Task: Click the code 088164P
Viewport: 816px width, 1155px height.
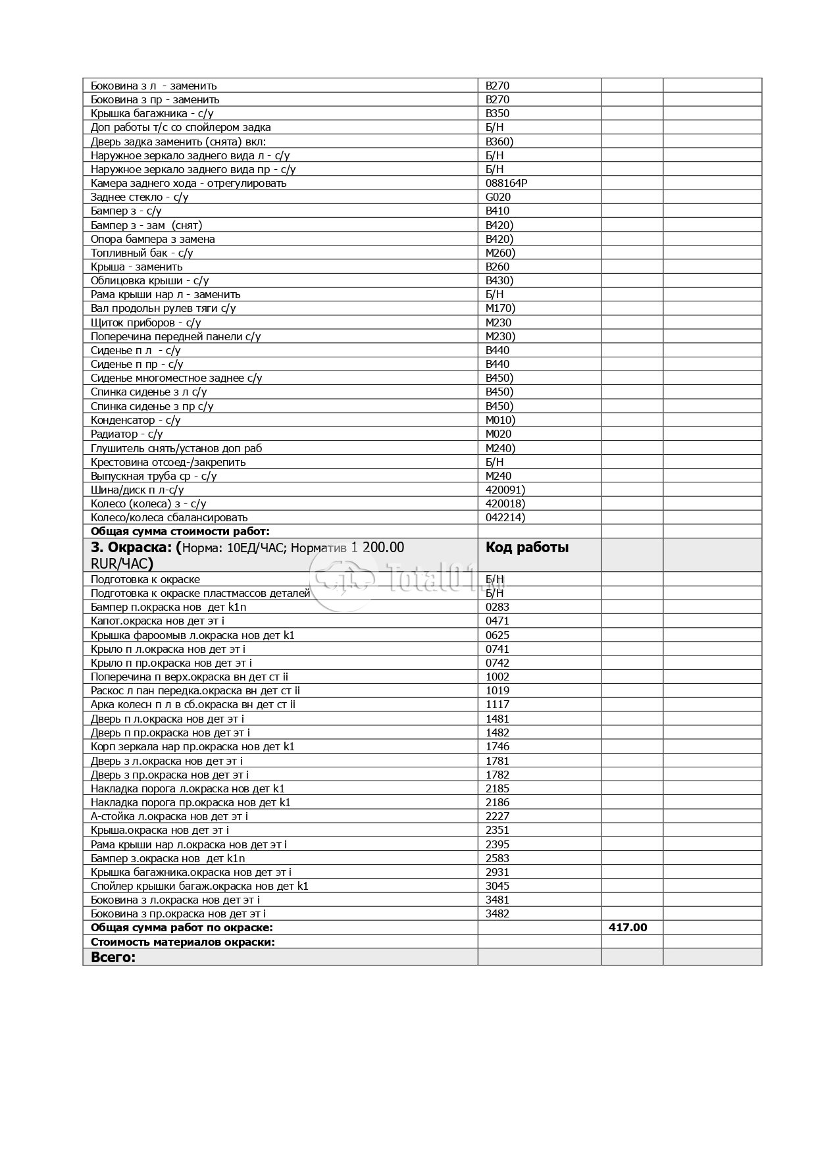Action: pyautogui.click(x=506, y=183)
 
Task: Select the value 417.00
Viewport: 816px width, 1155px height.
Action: pyautogui.click(x=628, y=927)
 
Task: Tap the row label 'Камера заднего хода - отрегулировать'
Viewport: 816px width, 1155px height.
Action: pyautogui.click(x=188, y=183)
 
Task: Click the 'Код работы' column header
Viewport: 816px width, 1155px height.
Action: pyautogui.click(x=526, y=548)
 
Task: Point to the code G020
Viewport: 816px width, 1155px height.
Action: pyautogui.click(x=497, y=197)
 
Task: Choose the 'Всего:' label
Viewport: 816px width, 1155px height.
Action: pyautogui.click(x=113, y=957)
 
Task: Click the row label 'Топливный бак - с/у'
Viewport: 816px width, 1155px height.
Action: pyautogui.click(x=141, y=253)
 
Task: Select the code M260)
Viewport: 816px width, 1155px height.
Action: pyautogui.click(x=500, y=253)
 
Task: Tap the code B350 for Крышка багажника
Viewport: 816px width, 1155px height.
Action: pyautogui.click(x=497, y=113)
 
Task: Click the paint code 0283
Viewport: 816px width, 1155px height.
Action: pyautogui.click(x=497, y=607)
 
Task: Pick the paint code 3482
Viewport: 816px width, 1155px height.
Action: pyautogui.click(x=497, y=913)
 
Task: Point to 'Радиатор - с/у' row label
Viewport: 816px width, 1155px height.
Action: pyautogui.click(x=126, y=434)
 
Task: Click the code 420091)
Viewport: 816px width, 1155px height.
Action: pyautogui.click(x=505, y=490)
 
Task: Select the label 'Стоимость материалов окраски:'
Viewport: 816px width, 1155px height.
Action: pyautogui.click(x=182, y=942)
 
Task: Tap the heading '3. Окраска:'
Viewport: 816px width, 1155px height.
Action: pyautogui.click(x=132, y=548)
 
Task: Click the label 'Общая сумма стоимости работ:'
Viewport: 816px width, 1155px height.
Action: pyautogui.click(x=180, y=531)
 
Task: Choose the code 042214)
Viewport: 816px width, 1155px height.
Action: pyautogui.click(x=505, y=517)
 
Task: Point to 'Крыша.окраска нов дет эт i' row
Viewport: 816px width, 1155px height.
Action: pyautogui.click(x=159, y=830)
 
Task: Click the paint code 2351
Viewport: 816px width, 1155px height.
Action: pyautogui.click(x=497, y=830)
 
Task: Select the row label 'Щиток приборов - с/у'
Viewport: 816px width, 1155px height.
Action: pyautogui.click(x=145, y=322)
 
